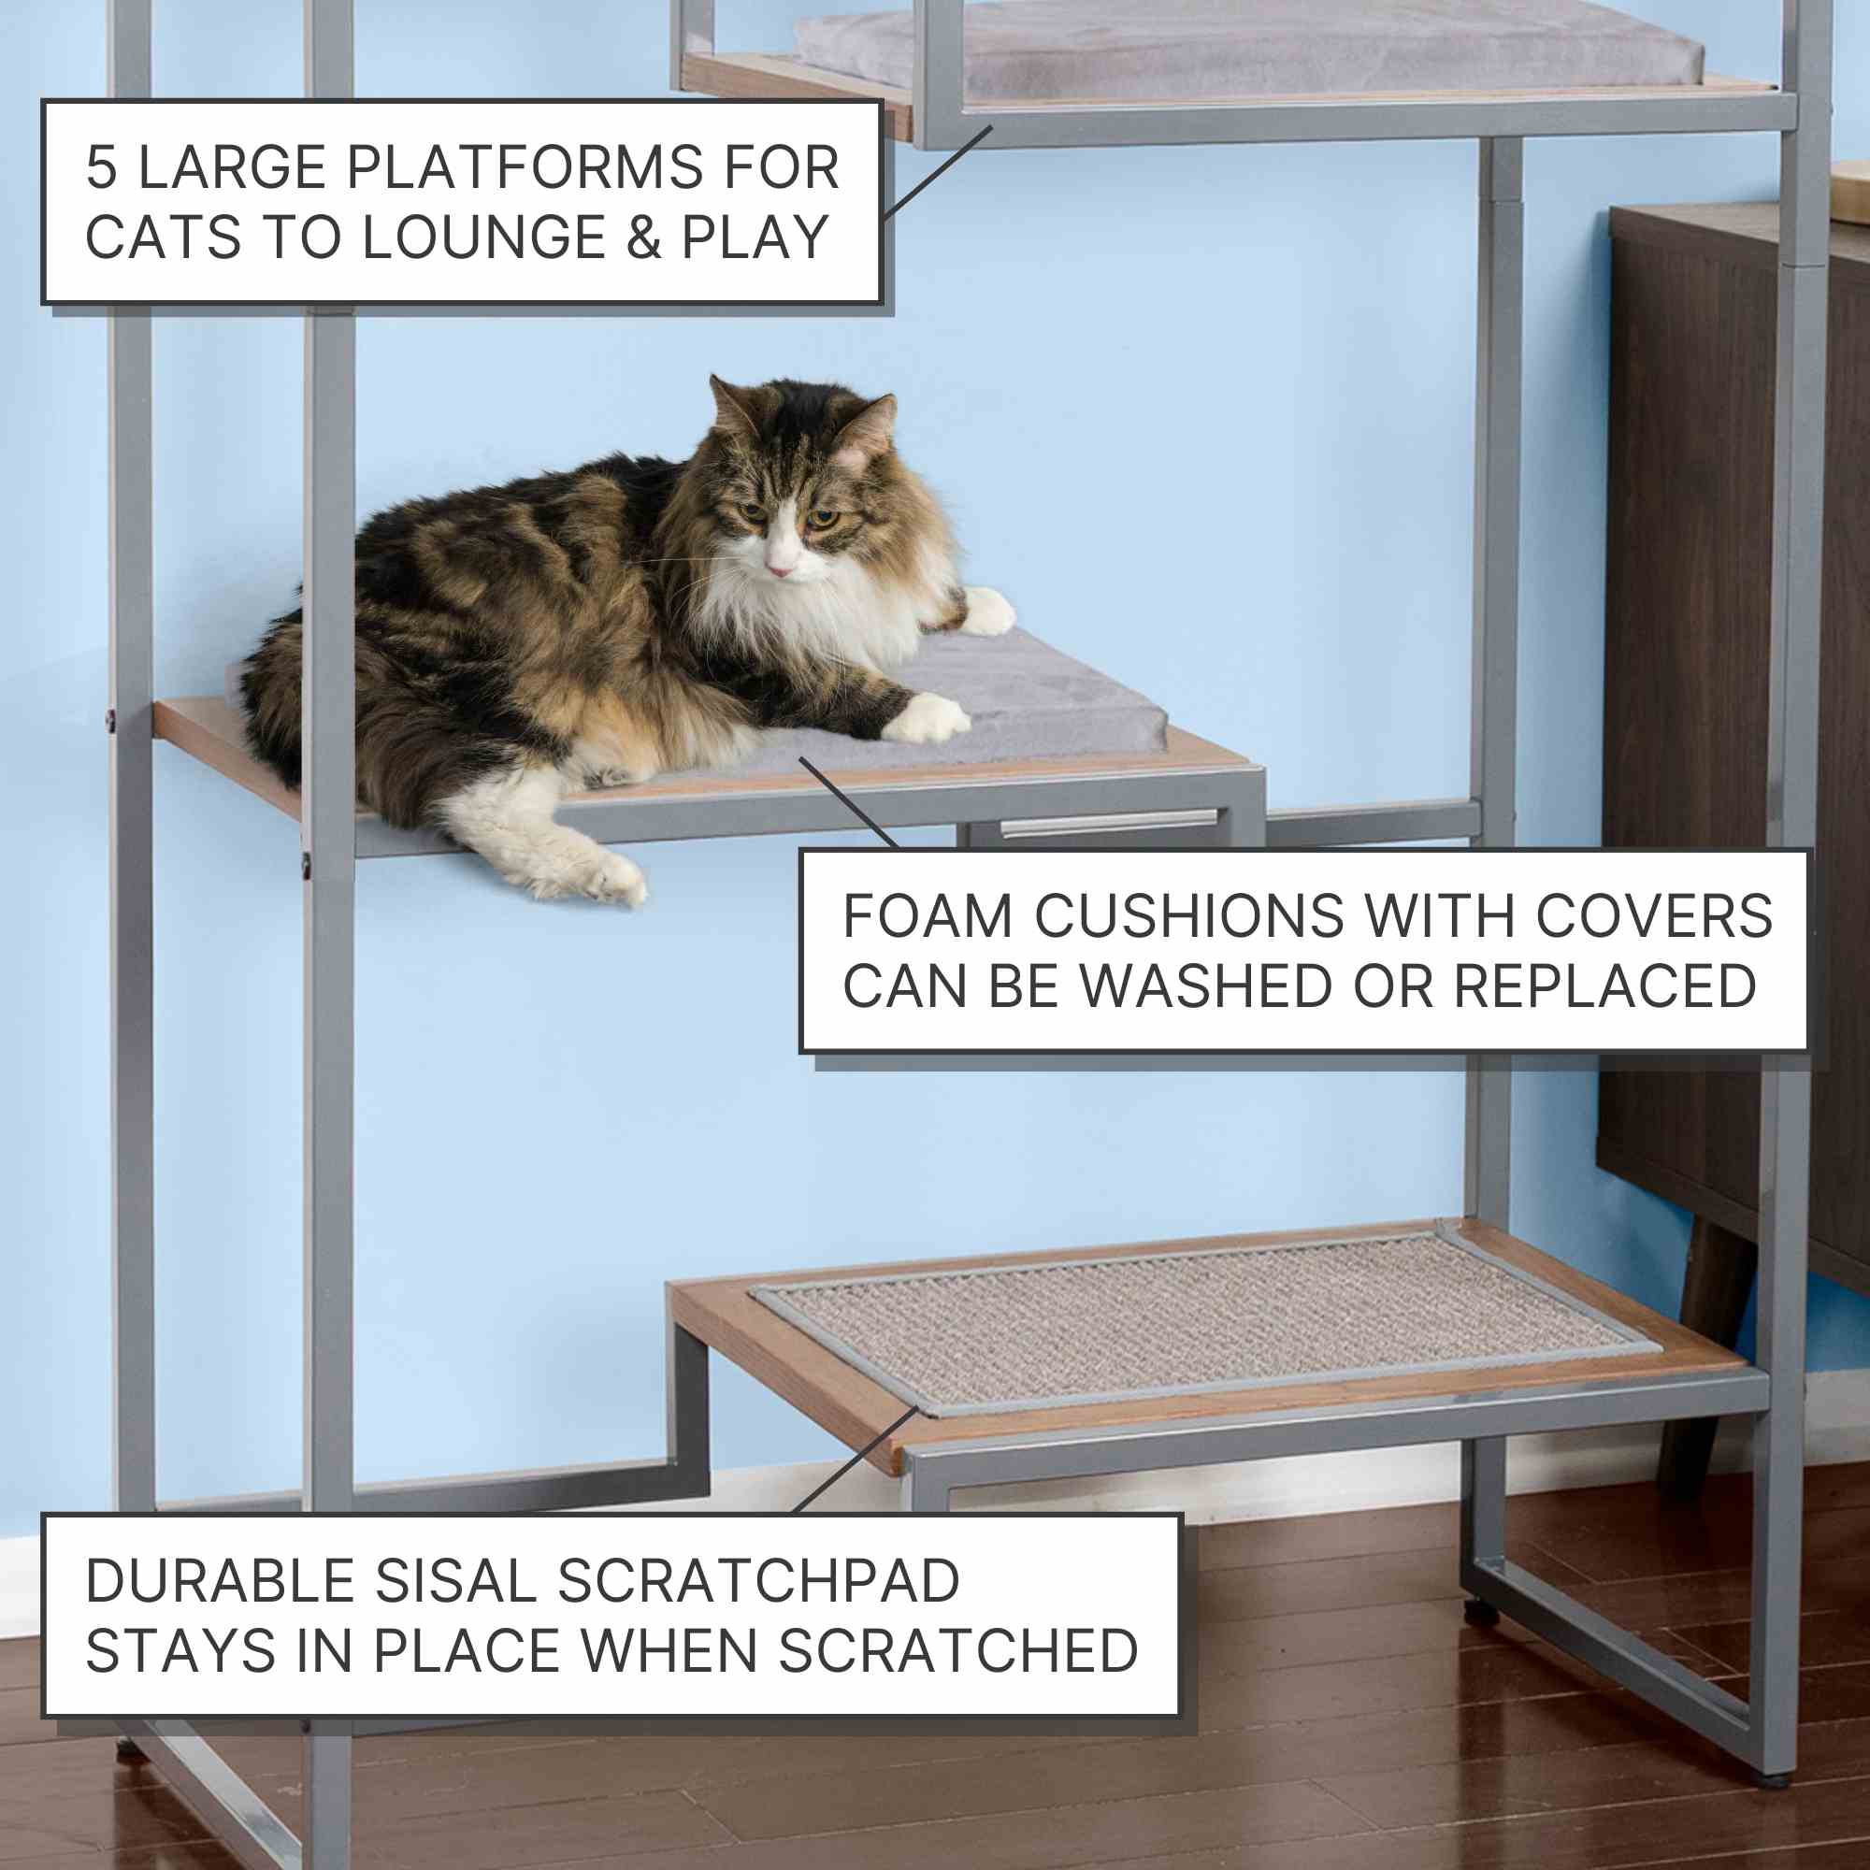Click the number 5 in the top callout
tap(102, 167)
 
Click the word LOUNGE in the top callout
tap(483, 238)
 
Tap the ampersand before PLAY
tap(643, 238)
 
